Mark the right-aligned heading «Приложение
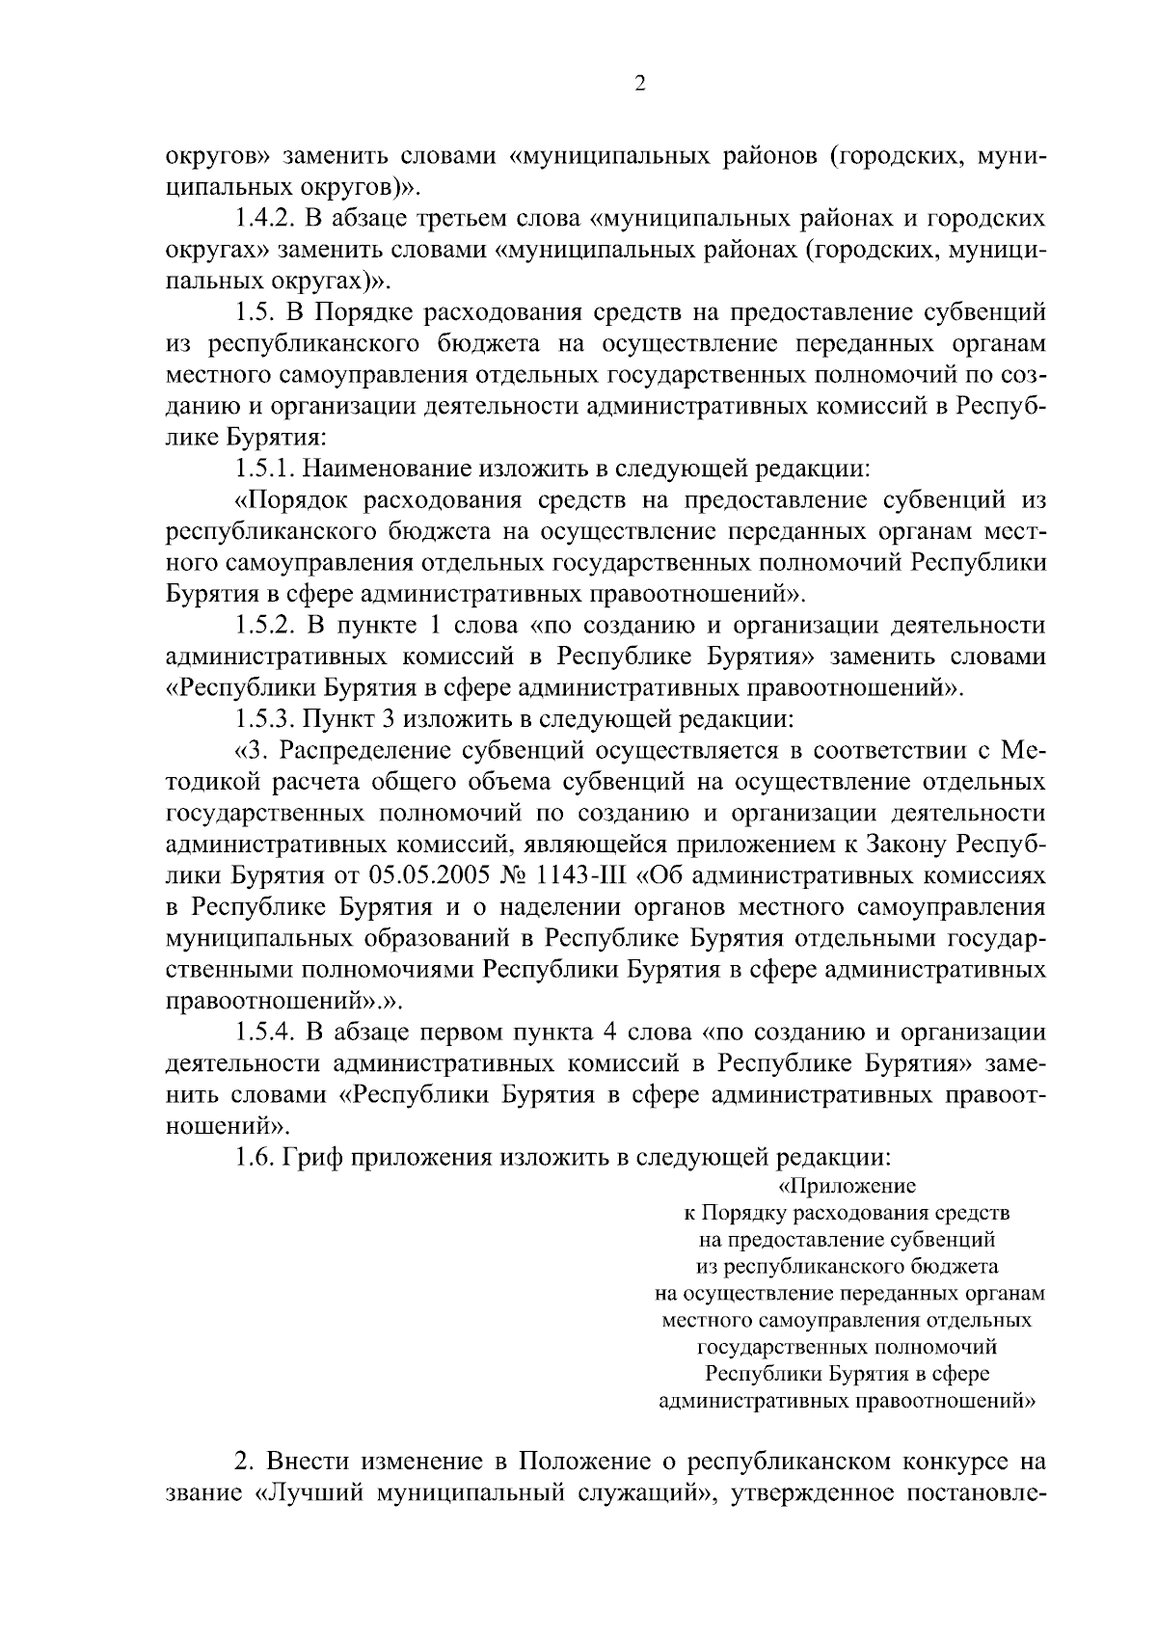(847, 1185)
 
